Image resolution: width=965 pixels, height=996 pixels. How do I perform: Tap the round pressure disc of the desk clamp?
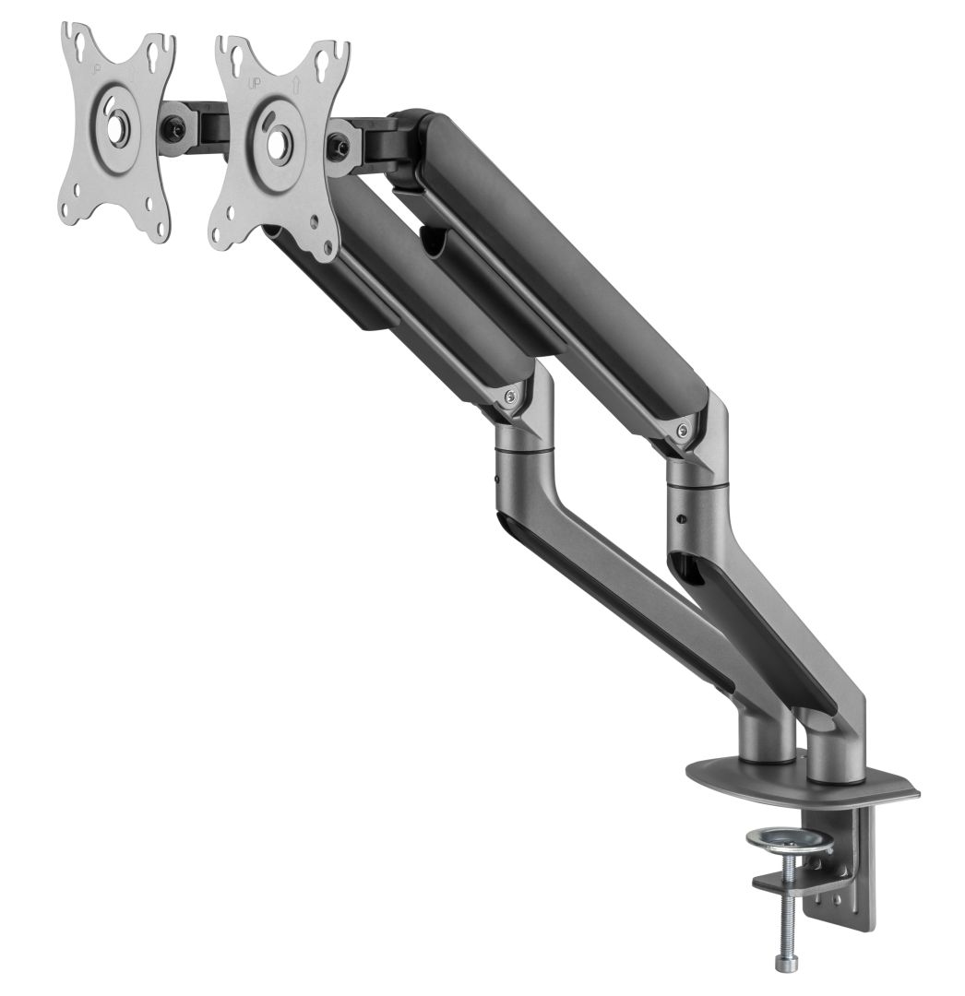[x=789, y=840]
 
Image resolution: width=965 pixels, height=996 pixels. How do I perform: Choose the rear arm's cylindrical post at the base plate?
[x=835, y=752]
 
